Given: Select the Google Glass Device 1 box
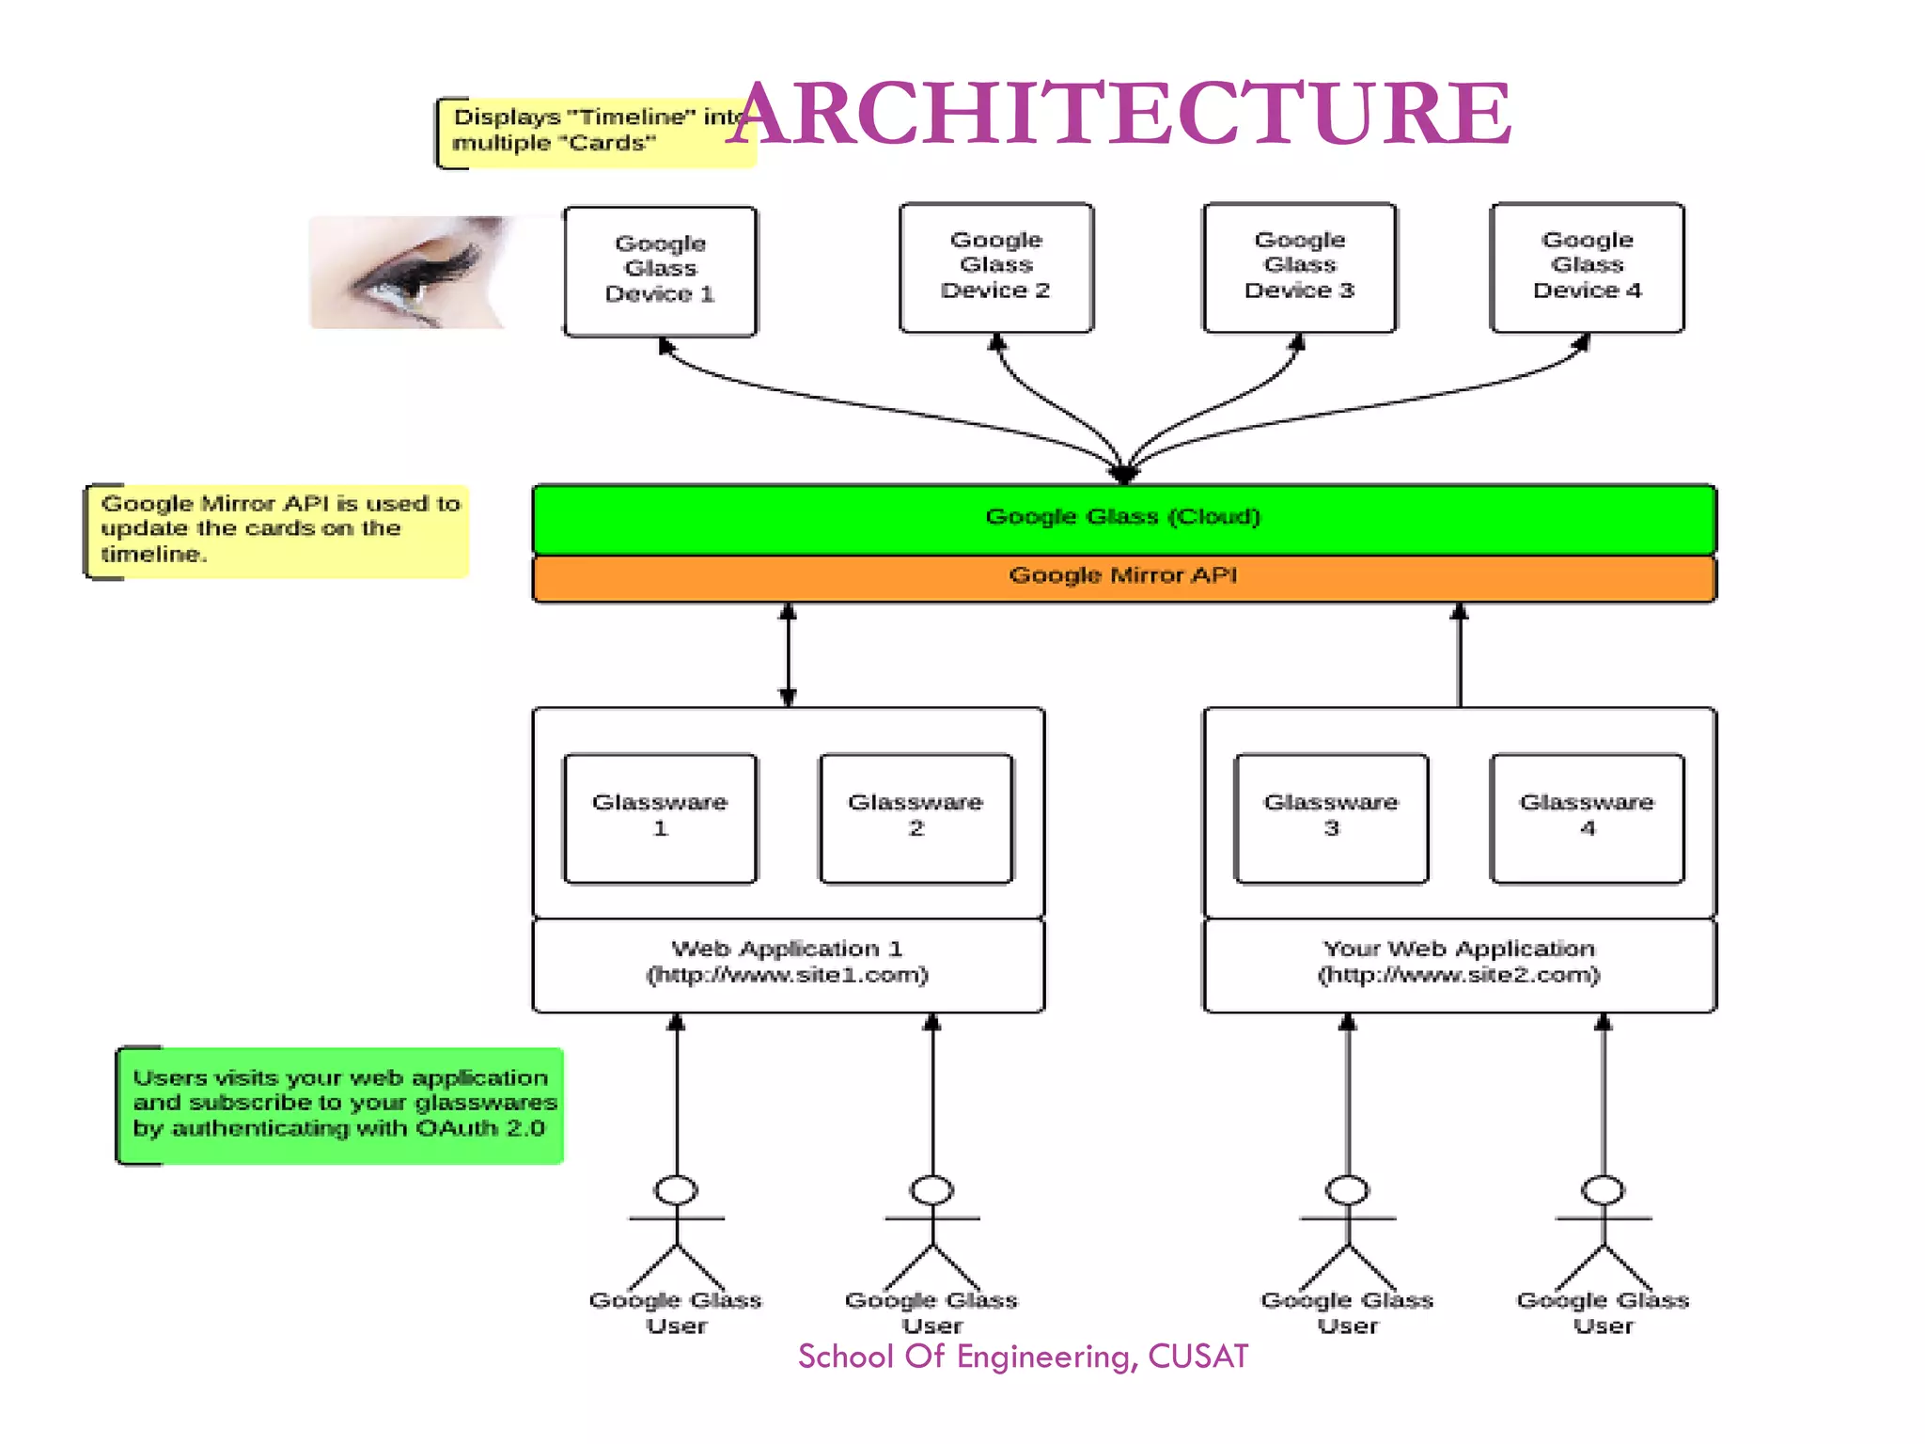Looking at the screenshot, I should click(660, 271).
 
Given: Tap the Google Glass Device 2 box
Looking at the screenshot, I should click(995, 267).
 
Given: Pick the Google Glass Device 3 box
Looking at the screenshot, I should click(1299, 267).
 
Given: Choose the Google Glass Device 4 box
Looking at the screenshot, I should click(1587, 267).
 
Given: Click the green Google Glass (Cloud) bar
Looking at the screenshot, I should click(1123, 518).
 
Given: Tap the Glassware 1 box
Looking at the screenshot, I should click(660, 817).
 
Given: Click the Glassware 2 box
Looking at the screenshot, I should click(916, 817).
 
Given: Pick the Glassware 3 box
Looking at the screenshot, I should click(1331, 817).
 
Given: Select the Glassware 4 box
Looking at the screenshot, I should click(1587, 817).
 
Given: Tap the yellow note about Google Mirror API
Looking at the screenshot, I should click(278, 530).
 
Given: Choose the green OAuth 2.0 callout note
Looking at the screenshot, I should click(340, 1105).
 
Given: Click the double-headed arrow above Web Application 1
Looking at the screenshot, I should click(788, 654).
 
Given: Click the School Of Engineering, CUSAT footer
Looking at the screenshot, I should click(1023, 1357).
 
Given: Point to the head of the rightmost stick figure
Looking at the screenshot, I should click(1603, 1190).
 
